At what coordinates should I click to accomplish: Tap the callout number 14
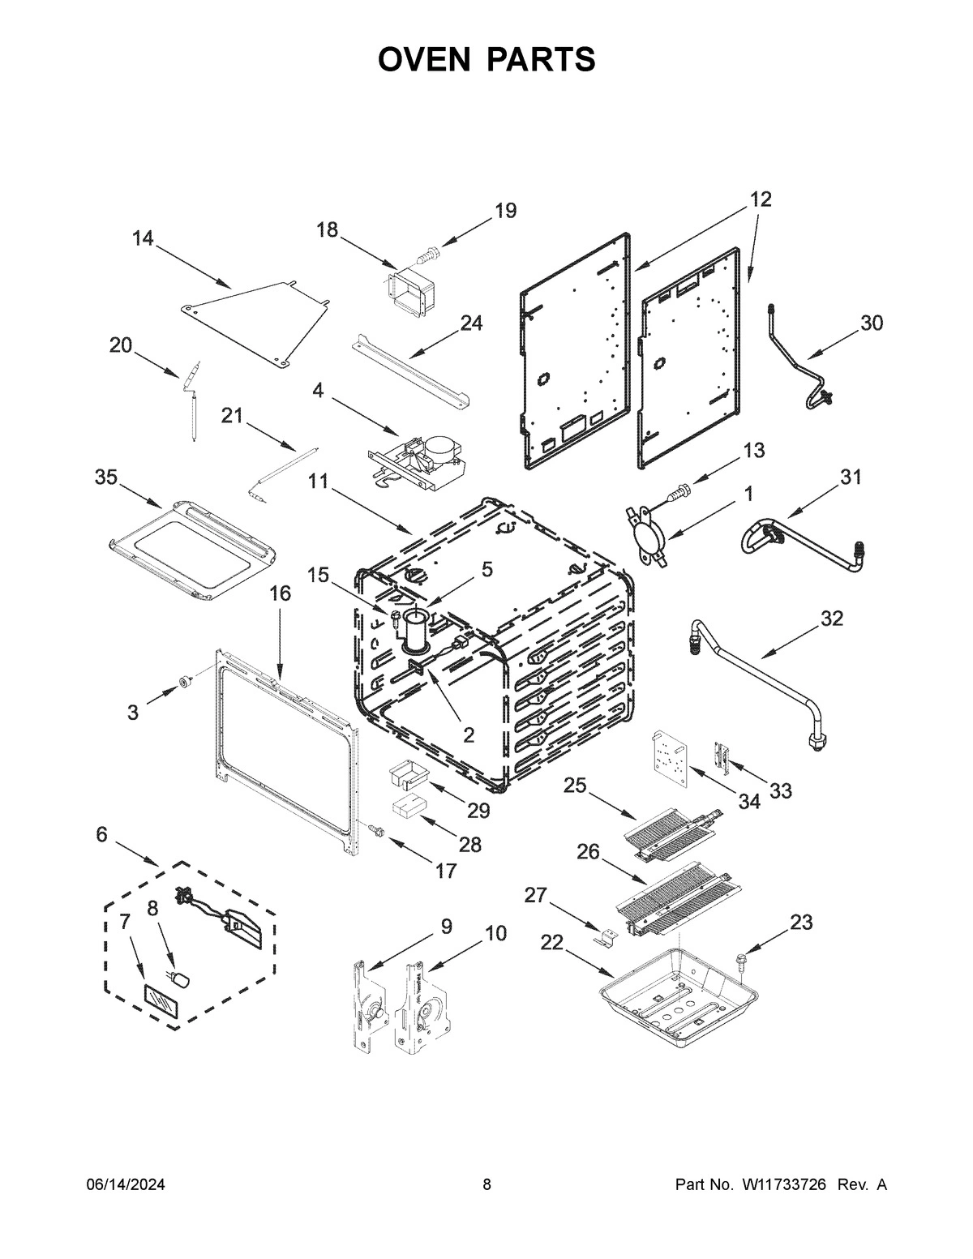coord(143,238)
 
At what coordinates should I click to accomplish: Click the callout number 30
coord(871,323)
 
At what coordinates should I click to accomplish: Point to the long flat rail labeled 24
coord(410,371)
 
